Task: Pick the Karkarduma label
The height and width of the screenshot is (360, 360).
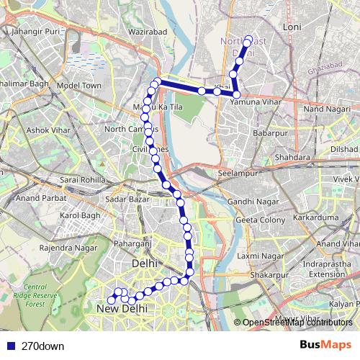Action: point(321,216)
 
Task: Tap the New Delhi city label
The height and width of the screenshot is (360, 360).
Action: point(122,308)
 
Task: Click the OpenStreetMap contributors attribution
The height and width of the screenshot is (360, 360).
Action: point(297,323)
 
